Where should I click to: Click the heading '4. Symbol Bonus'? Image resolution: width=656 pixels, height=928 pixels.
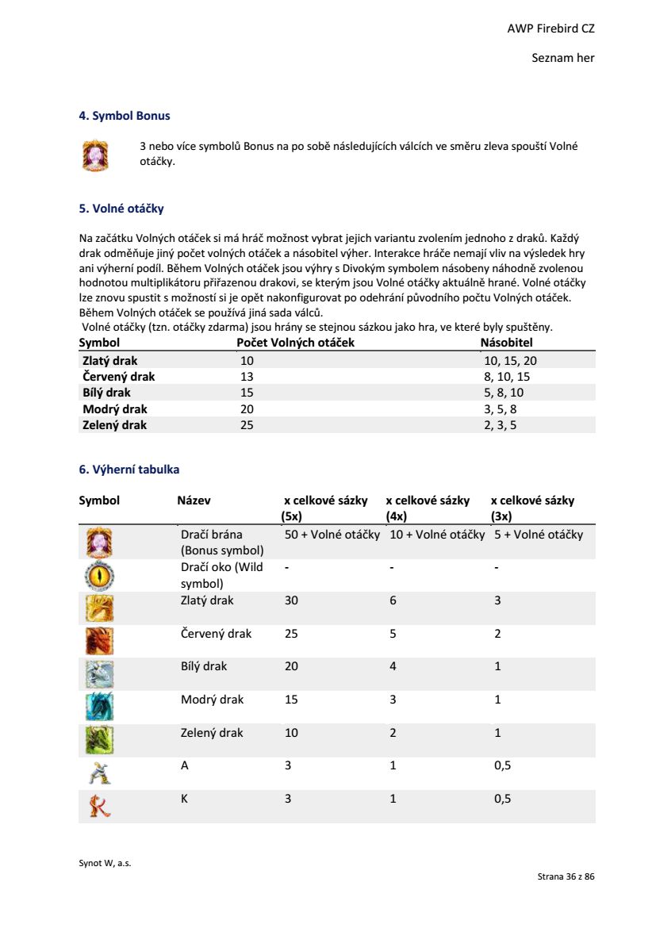pos(125,116)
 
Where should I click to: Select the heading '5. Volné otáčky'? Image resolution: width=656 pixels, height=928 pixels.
pos(121,209)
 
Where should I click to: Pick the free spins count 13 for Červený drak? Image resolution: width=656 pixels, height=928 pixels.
pos(247,377)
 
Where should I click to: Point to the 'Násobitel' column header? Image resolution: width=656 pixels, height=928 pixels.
pos(506,343)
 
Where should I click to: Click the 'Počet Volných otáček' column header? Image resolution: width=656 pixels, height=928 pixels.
pos(296,343)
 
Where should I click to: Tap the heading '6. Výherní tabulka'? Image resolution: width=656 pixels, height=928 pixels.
pos(129,470)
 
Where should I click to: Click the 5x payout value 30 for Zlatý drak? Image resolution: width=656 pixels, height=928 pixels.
pos(291,601)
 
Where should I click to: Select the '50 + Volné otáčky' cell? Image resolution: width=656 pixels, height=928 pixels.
pos(332,535)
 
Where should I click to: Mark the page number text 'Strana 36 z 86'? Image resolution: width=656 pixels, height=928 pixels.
pos(566,877)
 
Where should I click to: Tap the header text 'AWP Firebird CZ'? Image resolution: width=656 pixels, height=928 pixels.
pos(551,29)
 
